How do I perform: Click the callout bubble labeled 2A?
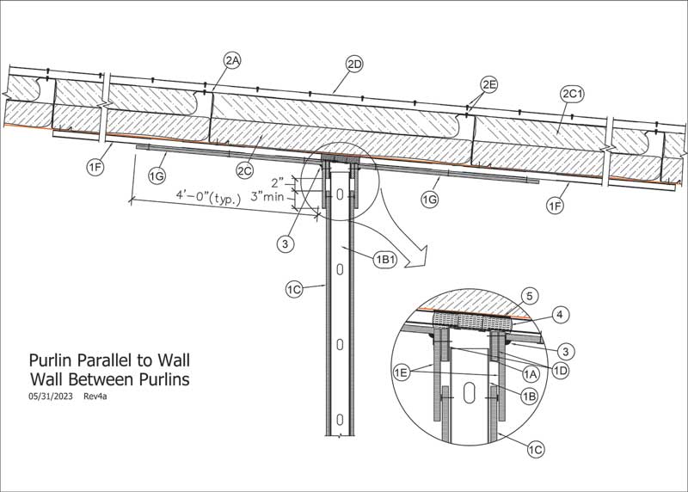pyautogui.click(x=231, y=59)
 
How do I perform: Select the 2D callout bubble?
pyautogui.click(x=354, y=65)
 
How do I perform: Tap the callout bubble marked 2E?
pyautogui.click(x=489, y=84)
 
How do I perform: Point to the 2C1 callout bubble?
pyautogui.click(x=571, y=92)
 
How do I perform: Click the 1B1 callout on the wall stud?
pyautogui.click(x=384, y=258)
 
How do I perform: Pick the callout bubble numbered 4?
pyautogui.click(x=558, y=315)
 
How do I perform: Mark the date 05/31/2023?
pyautogui.click(x=49, y=397)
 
